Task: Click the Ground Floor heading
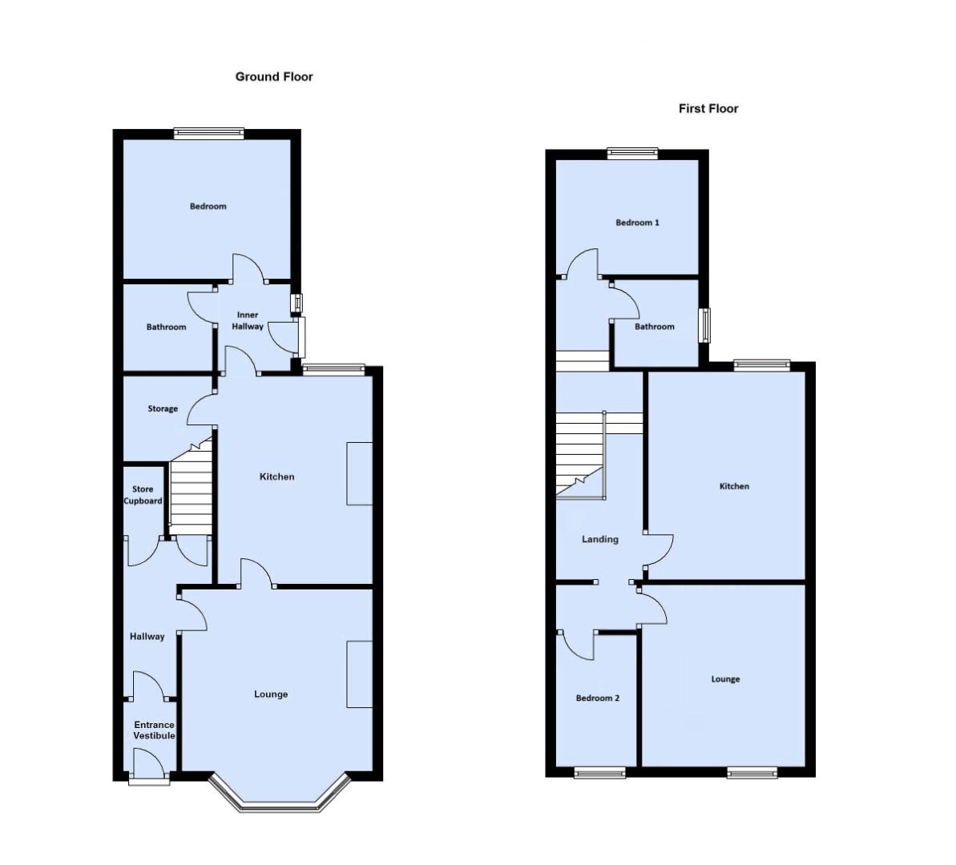[x=274, y=77]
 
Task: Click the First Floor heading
[x=708, y=109]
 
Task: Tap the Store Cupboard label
[x=143, y=495]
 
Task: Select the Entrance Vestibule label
[x=154, y=730]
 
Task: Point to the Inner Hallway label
[x=248, y=321]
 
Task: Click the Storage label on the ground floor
[x=163, y=409]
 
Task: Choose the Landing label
[x=600, y=540]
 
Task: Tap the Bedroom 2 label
[x=598, y=698]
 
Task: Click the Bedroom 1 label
[x=638, y=223]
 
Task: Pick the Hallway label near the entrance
[x=147, y=637]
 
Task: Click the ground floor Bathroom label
[x=167, y=328]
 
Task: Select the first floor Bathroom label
[x=655, y=327]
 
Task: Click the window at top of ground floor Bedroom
[x=209, y=134]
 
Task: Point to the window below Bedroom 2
[x=600, y=772]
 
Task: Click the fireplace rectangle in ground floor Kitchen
[x=360, y=473]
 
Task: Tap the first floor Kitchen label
[x=734, y=487]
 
